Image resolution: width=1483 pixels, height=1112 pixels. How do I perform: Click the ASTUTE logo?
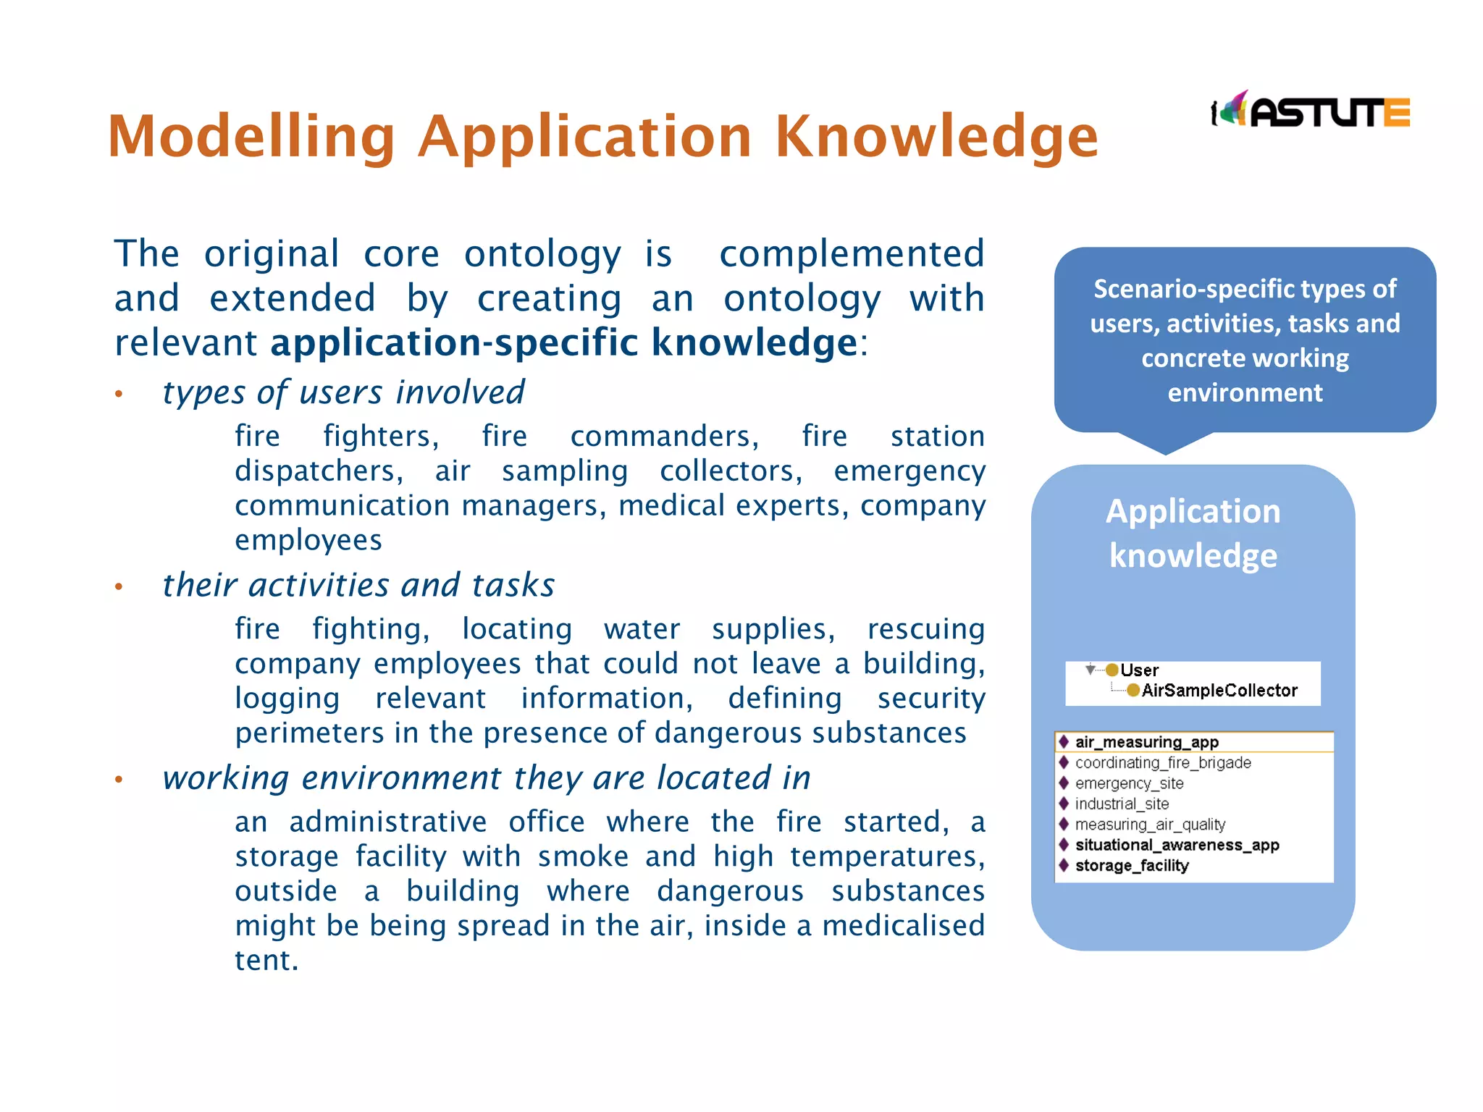point(1311,111)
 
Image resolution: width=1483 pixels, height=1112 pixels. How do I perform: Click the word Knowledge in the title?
point(936,136)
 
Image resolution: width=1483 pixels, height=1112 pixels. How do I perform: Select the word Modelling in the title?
point(251,136)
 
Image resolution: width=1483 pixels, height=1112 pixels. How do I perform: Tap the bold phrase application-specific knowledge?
point(564,342)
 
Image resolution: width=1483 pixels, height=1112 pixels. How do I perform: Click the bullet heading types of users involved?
point(343,392)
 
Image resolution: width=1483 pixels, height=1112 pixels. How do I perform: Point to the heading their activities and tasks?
point(358,585)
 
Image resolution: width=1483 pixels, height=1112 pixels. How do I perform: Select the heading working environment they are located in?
point(486,778)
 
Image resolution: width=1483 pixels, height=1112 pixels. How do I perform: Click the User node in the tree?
point(1139,670)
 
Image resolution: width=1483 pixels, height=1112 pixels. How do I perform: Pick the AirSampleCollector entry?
point(1219,691)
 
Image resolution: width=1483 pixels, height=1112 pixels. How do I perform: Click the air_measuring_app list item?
point(1146,742)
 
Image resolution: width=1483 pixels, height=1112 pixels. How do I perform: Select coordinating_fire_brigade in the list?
point(1162,762)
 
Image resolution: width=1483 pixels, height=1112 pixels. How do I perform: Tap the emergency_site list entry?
point(1129,783)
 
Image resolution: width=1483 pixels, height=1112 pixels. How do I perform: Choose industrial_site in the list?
point(1122,804)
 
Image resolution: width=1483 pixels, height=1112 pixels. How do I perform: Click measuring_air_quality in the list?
point(1150,825)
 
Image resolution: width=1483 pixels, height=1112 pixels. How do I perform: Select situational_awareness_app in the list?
point(1177,845)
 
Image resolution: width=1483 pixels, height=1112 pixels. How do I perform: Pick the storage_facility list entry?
point(1132,866)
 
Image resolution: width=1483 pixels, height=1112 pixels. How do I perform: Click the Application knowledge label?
point(1193,534)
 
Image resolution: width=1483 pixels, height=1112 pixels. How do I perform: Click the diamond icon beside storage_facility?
point(1064,865)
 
